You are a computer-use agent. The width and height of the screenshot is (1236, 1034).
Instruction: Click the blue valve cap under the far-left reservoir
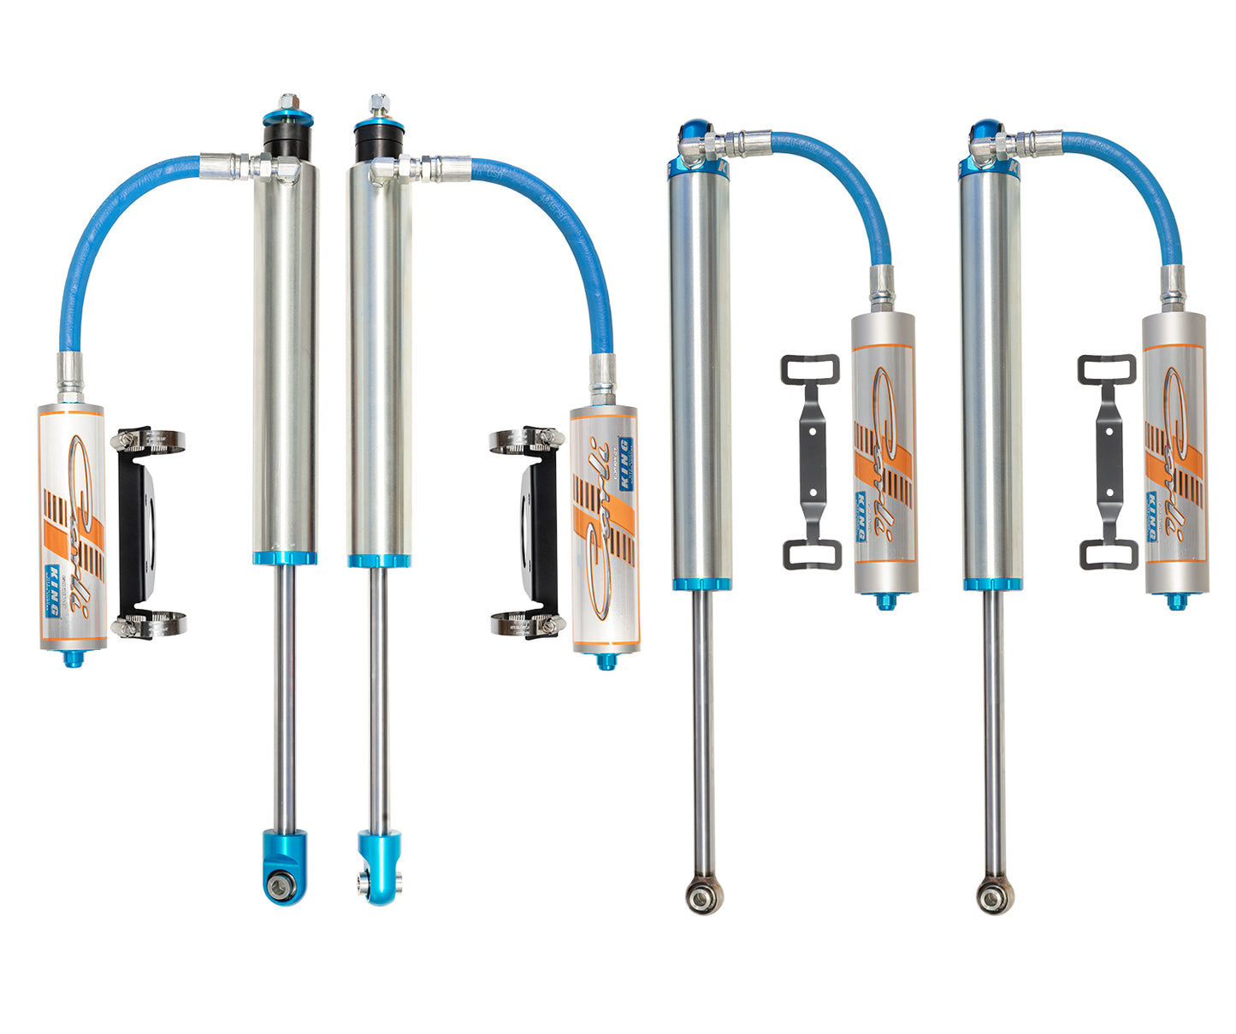pyautogui.click(x=73, y=658)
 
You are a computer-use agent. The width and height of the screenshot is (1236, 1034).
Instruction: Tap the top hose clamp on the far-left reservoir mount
pyautogui.click(x=148, y=440)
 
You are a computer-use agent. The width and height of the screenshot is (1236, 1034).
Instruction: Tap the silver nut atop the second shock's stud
pyautogui.click(x=376, y=103)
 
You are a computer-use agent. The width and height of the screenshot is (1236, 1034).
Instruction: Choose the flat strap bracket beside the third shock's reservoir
pyautogui.click(x=811, y=461)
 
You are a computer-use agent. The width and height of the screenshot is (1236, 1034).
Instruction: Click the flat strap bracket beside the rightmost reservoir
pyautogui.click(x=1108, y=462)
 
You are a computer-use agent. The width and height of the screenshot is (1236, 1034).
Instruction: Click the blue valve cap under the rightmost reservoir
pyautogui.click(x=1176, y=601)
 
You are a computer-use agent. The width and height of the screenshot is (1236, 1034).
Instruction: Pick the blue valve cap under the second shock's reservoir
pyautogui.click(x=606, y=661)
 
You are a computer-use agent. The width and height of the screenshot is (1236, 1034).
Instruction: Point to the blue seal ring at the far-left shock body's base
pyautogui.click(x=284, y=558)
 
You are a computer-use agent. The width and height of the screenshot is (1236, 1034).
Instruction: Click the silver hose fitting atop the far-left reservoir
pyautogui.click(x=70, y=377)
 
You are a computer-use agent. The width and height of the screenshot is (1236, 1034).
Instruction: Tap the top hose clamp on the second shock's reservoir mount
pyautogui.click(x=526, y=440)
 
